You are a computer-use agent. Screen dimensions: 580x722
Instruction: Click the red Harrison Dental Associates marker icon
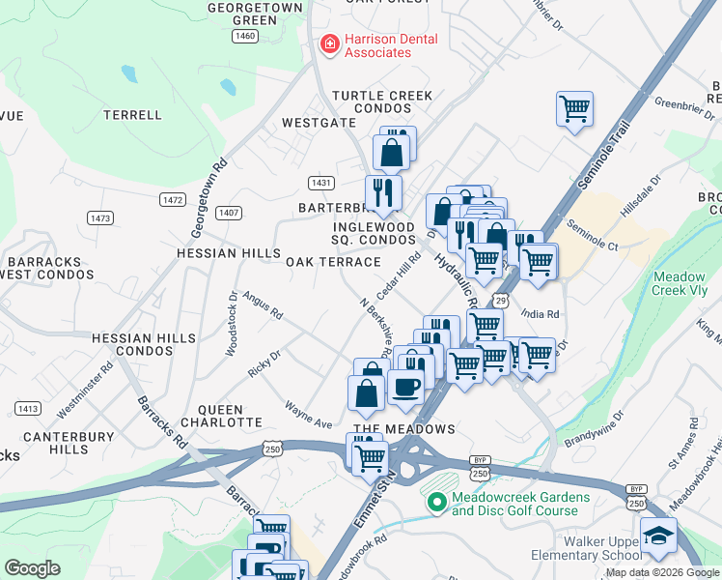coord(329,45)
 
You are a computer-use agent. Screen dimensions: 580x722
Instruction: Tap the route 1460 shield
coord(245,36)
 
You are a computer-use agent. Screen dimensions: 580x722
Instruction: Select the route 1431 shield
coord(321,183)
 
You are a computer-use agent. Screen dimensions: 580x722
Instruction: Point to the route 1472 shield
coord(173,199)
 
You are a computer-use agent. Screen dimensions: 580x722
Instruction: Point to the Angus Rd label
coord(263,306)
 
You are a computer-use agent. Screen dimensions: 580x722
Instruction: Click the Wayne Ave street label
coord(308,417)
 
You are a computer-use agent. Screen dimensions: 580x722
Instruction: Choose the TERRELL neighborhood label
coord(133,115)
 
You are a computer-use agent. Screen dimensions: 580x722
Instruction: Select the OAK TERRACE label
coord(333,262)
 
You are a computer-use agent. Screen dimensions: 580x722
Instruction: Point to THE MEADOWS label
coord(403,428)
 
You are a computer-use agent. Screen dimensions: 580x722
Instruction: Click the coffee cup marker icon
coord(405,386)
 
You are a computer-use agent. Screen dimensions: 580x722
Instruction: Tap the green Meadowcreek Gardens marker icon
coord(436,502)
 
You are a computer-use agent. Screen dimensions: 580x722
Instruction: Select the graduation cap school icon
coord(658,536)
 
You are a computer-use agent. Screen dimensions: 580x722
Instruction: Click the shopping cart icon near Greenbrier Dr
coord(574,108)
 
